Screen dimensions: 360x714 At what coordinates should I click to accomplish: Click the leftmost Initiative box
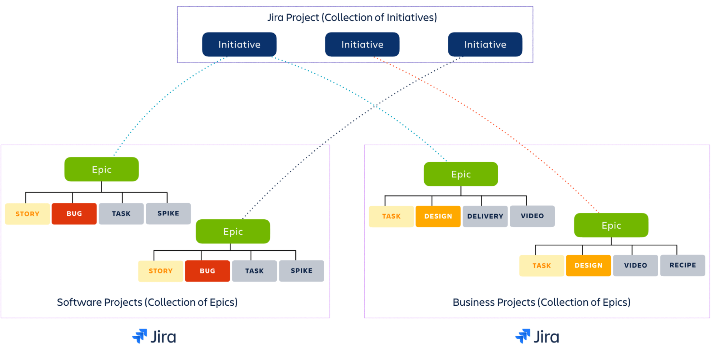click(239, 45)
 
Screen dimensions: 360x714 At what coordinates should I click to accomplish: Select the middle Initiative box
click(362, 45)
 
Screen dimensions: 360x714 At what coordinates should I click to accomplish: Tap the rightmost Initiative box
click(485, 45)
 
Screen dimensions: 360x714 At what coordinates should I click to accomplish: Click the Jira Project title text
click(352, 17)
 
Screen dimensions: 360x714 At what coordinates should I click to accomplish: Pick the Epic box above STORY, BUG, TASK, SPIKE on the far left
click(101, 169)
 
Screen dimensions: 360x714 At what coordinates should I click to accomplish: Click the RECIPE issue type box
click(683, 265)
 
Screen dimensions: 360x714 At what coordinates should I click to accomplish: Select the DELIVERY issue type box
click(485, 216)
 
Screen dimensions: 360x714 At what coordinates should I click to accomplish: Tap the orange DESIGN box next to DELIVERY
click(438, 216)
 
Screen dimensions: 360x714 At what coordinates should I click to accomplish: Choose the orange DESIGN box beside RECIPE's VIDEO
click(588, 265)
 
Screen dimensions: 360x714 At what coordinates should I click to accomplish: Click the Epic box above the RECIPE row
click(611, 225)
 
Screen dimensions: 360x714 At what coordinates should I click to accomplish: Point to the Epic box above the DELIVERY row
click(461, 174)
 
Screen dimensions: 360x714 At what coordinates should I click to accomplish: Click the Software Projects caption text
click(147, 302)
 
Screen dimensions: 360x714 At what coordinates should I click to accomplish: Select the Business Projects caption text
click(541, 302)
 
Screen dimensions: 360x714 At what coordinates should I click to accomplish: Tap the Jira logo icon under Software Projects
click(140, 336)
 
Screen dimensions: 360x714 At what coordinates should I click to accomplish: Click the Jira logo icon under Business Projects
click(523, 336)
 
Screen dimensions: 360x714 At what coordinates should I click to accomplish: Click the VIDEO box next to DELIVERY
click(532, 216)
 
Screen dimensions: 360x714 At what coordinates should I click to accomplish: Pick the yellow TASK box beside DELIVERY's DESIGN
click(391, 216)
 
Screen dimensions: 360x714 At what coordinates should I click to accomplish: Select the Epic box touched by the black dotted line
click(233, 231)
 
